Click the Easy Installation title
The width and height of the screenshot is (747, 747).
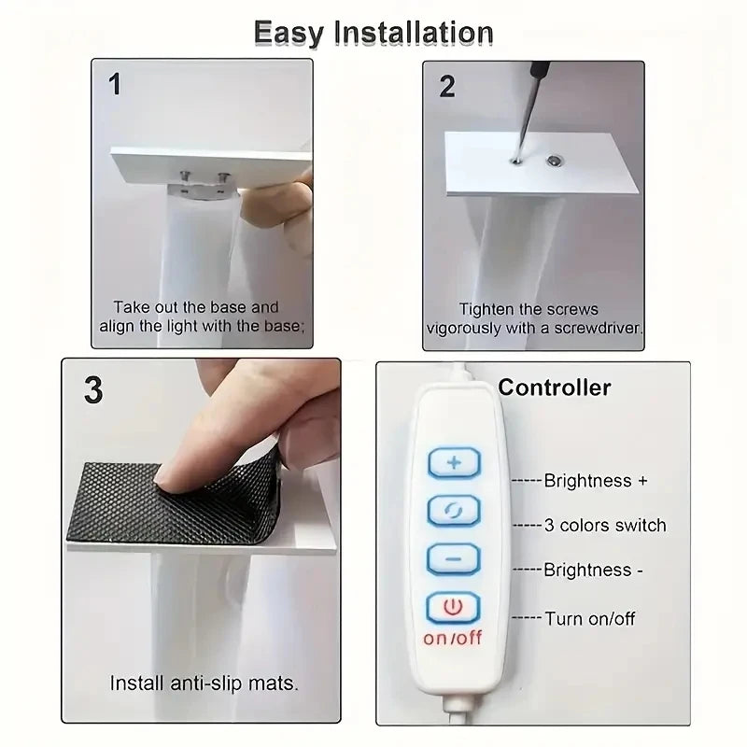[373, 33]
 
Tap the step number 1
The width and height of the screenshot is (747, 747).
[115, 86]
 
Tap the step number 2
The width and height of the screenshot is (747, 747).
[447, 87]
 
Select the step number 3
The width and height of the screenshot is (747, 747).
[93, 389]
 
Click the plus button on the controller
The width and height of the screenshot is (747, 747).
[453, 463]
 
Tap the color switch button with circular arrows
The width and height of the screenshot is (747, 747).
[453, 511]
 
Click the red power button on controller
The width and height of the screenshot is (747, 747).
[453, 608]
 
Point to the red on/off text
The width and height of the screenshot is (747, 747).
[453, 639]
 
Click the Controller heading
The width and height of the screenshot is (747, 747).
[555, 388]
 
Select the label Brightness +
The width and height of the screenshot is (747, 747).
[595, 481]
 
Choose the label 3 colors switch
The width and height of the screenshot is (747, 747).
[605, 526]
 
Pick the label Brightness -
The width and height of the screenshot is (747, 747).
[592, 570]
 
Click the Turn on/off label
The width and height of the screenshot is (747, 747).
[589, 617]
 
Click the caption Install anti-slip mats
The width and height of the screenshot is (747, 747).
[204, 683]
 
